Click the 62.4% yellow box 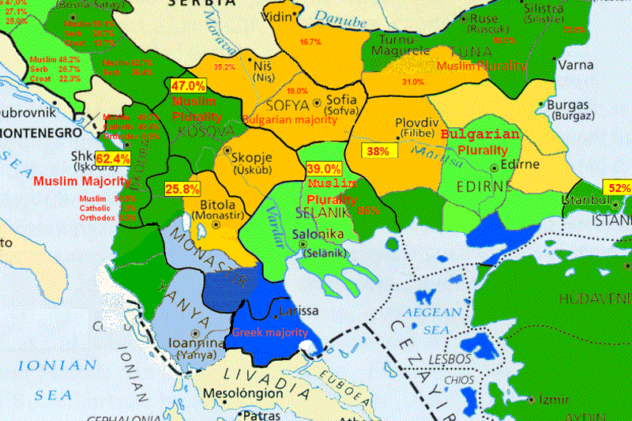pyautogui.click(x=112, y=159)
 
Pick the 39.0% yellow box pyautogui.click(x=324, y=169)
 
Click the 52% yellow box pyautogui.click(x=619, y=188)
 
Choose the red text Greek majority pyautogui.click(x=269, y=333)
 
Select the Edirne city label pyautogui.click(x=519, y=164)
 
